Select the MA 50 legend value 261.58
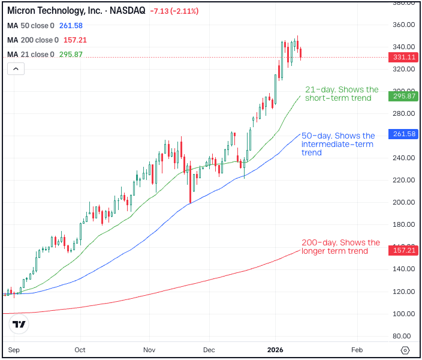pyautogui.click(x=71, y=26)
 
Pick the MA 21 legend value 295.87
pyautogui.click(x=71, y=55)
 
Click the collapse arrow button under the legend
pyautogui.click(x=16, y=69)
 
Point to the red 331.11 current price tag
pyautogui.click(x=402, y=57)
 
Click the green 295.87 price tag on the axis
pyautogui.click(x=402, y=96)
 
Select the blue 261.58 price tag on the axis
pyautogui.click(x=402, y=134)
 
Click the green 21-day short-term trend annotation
pyautogui.click(x=342, y=94)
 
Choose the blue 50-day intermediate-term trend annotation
pyautogui.click(x=338, y=144)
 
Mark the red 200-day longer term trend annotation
pyautogui.click(x=340, y=247)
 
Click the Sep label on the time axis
pyautogui.click(x=13, y=350)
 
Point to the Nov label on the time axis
pyautogui.click(x=150, y=350)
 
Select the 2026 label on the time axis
pyautogui.click(x=275, y=350)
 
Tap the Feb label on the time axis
pyautogui.click(x=357, y=350)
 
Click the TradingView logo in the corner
pyautogui.click(x=19, y=324)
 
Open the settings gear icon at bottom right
pyautogui.click(x=405, y=350)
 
